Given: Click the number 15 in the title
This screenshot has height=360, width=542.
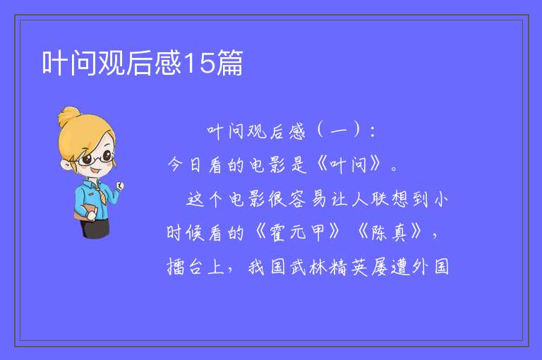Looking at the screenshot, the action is pyautogui.click(x=199, y=63).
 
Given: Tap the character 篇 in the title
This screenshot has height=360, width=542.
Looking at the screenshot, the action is pyautogui.click(x=229, y=63).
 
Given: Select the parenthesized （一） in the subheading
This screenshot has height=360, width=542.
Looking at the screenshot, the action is pyautogui.click(x=339, y=131).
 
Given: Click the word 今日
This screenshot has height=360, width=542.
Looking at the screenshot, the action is pyautogui.click(x=184, y=164).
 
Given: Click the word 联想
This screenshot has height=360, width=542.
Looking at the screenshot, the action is pyautogui.click(x=390, y=199).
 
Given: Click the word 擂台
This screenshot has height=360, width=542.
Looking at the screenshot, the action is pyautogui.click(x=184, y=267).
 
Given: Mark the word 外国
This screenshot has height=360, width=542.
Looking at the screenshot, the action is pyautogui.click(x=430, y=267).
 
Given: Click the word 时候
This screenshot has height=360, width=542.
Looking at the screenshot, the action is pyautogui.click(x=186, y=232).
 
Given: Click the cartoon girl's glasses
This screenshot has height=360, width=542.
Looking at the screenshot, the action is pyautogui.click(x=97, y=158).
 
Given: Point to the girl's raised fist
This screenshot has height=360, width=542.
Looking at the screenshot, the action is pyautogui.click(x=120, y=186).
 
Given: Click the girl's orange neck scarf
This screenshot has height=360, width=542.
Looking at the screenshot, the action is pyautogui.click(x=100, y=193).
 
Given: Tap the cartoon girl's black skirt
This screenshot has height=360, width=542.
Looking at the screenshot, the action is pyautogui.click(x=95, y=228).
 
